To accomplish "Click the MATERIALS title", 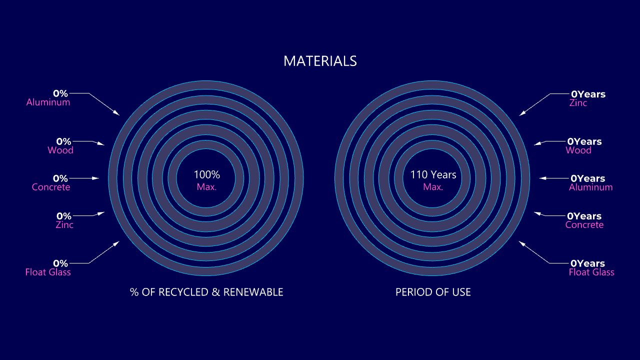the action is pos(320,61).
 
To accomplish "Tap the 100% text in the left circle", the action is pos(207,174).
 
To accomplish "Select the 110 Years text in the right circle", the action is pos(433,174).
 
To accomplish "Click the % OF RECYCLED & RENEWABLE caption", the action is pos(206,292).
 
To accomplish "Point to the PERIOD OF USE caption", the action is pos(433,292).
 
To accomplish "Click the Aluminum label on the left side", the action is pos(48,102).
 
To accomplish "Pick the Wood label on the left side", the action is pos(60,150).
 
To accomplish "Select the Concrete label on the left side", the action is pos(51,187).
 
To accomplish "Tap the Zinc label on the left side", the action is pos(64,225).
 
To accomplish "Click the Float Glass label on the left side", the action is pos(48,272).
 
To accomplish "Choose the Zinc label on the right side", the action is pos(578,103).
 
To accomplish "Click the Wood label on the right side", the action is pos(578,150).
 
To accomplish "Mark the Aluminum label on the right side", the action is pos(591,187).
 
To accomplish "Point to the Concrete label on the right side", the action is pos(584,225).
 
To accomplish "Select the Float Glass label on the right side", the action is pos(591,272).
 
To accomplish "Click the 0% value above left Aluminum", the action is pos(60,93).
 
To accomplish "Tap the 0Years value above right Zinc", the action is pos(588,94).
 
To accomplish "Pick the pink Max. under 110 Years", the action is pos(433,187).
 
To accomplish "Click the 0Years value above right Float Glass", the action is pos(587,263).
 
